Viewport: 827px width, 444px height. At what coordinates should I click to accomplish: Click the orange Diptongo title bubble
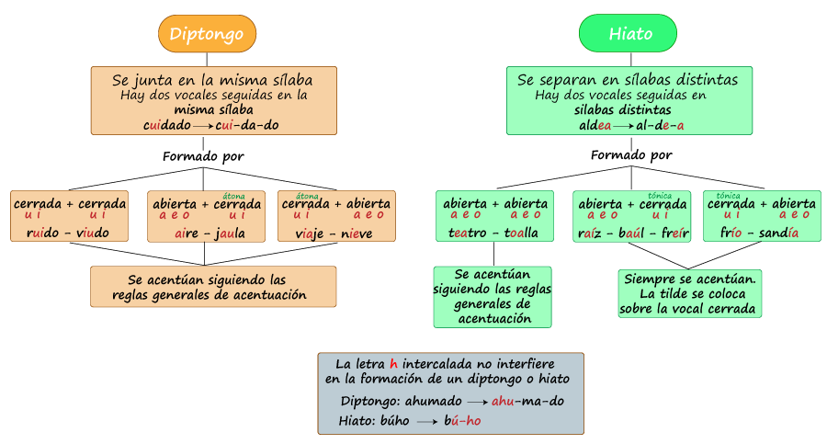208,34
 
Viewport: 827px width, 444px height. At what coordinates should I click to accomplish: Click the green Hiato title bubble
628,33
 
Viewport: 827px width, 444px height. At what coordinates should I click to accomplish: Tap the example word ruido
42,233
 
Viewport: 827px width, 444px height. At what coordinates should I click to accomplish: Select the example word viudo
92,233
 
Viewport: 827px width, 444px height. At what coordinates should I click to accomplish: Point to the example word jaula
230,233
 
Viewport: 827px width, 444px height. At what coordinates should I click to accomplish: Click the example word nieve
357,233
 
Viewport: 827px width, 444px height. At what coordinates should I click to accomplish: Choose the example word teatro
468,233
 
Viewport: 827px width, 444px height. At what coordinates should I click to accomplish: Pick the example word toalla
521,233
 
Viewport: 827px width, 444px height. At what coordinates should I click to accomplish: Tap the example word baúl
631,233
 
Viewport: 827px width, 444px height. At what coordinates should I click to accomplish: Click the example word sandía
778,233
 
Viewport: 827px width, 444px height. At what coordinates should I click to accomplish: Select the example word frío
731,233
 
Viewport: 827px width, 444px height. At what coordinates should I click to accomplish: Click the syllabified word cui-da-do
247,125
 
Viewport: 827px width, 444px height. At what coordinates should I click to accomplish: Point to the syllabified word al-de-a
660,125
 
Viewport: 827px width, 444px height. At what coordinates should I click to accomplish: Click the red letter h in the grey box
393,363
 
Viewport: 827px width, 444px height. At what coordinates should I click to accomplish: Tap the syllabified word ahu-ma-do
527,401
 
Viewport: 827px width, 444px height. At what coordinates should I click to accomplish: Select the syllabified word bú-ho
462,420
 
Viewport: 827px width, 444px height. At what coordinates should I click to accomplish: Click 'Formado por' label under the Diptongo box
204,156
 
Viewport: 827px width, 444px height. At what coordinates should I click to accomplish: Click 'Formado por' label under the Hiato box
631,154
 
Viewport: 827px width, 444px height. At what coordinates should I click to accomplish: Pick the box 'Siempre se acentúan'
690,293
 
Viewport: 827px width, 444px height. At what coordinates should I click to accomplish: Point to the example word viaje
309,233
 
